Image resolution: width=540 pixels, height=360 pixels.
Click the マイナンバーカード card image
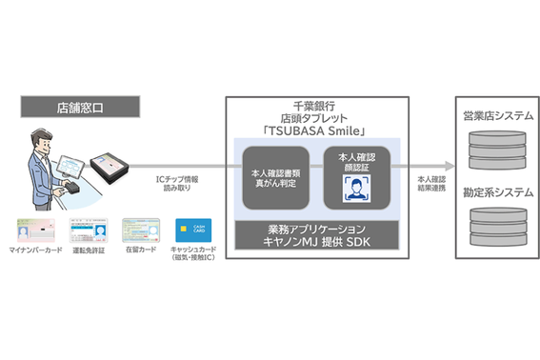[x=33, y=230]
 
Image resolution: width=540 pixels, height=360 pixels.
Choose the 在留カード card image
[x=139, y=230]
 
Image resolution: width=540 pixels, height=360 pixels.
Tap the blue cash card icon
[x=193, y=230]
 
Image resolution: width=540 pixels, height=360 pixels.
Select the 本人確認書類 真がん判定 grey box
[x=276, y=178]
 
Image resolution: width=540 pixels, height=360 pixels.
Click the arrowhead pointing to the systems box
[x=448, y=164]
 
